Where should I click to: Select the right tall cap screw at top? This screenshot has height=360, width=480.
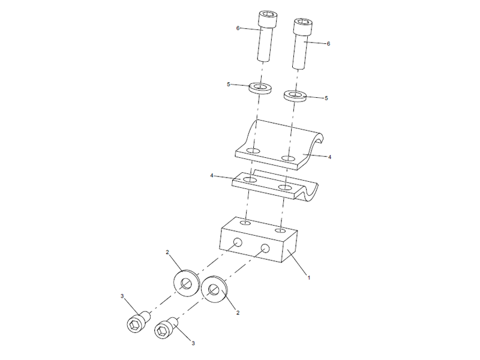(x=301, y=42)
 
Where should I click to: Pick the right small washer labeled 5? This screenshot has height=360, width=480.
(x=295, y=96)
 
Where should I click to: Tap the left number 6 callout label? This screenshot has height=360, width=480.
(x=238, y=28)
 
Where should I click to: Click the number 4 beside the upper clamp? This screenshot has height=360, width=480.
(x=330, y=157)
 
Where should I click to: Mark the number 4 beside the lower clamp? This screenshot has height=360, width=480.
(x=212, y=176)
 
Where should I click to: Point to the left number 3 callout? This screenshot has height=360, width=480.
(x=122, y=296)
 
